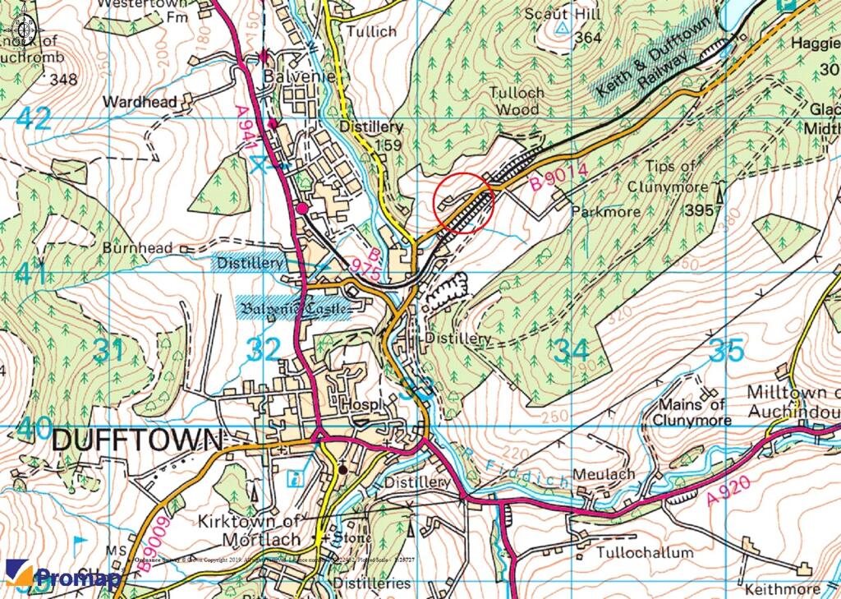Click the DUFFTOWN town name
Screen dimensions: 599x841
pyautogui.click(x=137, y=440)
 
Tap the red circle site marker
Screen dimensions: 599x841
pyautogui.click(x=463, y=203)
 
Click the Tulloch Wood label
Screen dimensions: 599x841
pyautogui.click(x=515, y=100)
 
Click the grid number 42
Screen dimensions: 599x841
pyautogui.click(x=33, y=119)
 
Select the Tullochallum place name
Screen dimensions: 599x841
pyautogui.click(x=646, y=553)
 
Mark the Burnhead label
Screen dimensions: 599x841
pyautogui.click(x=138, y=247)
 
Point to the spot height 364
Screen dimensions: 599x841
pyautogui.click(x=589, y=38)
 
